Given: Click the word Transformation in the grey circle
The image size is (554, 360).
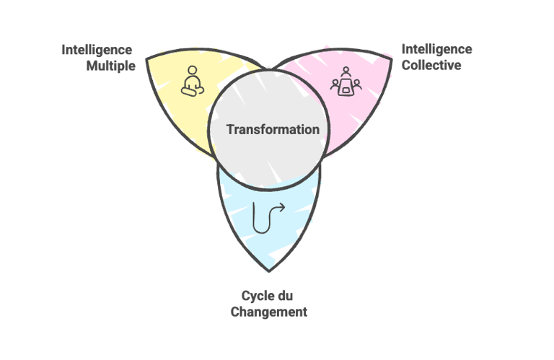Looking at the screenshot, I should [273, 130].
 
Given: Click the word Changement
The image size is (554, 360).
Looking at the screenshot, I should [268, 312].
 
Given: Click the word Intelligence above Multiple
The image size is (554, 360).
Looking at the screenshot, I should [97, 50].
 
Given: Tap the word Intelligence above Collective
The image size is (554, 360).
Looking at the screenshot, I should [436, 49].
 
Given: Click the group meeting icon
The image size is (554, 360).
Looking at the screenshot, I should [346, 82].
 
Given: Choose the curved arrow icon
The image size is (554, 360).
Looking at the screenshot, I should [268, 217].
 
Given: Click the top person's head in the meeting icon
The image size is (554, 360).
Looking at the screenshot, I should [346, 71].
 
